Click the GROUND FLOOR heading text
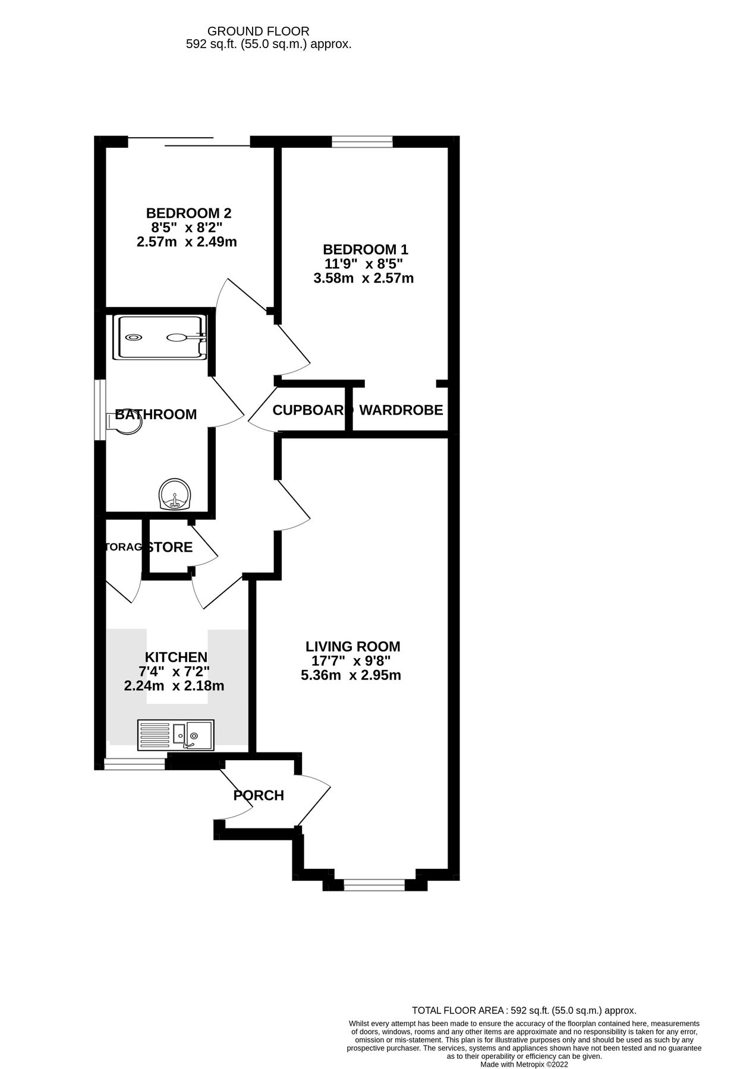258,31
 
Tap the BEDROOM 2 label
188,213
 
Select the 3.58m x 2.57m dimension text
363,278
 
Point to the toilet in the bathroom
123,423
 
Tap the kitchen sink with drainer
175,735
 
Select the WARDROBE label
401,410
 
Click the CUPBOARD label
311,410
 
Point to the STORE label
171,547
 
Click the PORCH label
259,795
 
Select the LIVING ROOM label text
353,646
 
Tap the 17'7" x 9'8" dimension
351,661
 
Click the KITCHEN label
176,657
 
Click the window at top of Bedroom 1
362,141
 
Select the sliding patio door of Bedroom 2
189,141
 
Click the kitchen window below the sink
135,764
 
